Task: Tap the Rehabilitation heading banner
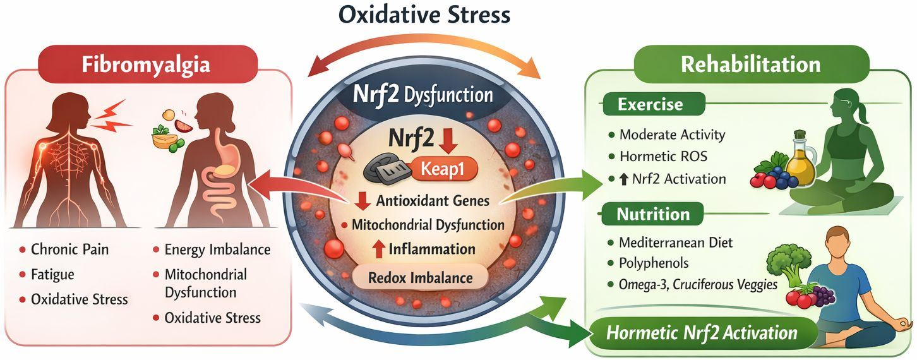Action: coord(752,64)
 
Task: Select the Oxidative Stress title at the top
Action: coord(424,15)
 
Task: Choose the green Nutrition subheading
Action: coord(653,214)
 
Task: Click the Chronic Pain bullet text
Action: coord(69,249)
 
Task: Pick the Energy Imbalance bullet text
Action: coord(217,249)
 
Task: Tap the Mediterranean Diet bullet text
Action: coord(676,243)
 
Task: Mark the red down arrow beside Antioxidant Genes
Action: coord(363,201)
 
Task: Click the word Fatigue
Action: coord(52,275)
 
